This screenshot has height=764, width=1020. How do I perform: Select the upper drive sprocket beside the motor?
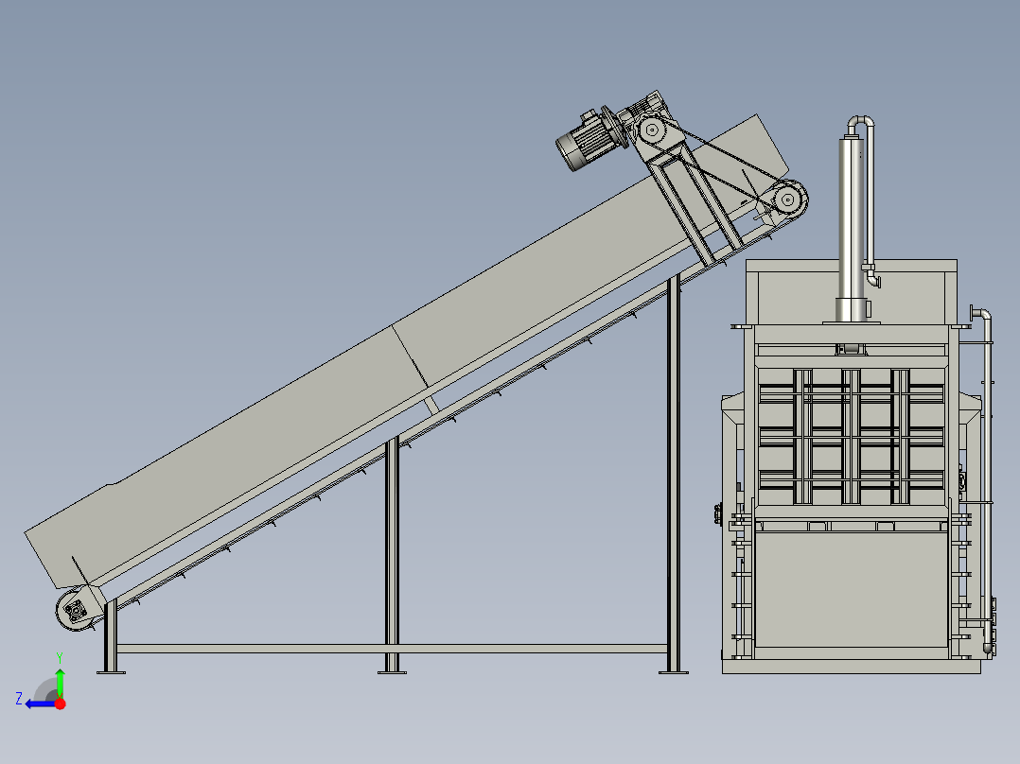(651, 130)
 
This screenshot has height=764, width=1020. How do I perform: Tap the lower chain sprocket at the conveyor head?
(788, 199)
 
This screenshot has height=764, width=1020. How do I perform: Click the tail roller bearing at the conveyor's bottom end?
(76, 611)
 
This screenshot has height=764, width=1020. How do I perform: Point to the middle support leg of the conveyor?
(392, 554)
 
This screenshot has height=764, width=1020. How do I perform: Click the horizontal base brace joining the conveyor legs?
(391, 649)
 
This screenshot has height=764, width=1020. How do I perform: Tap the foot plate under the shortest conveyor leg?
(112, 672)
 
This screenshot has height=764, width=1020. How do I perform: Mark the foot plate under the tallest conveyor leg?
(674, 672)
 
